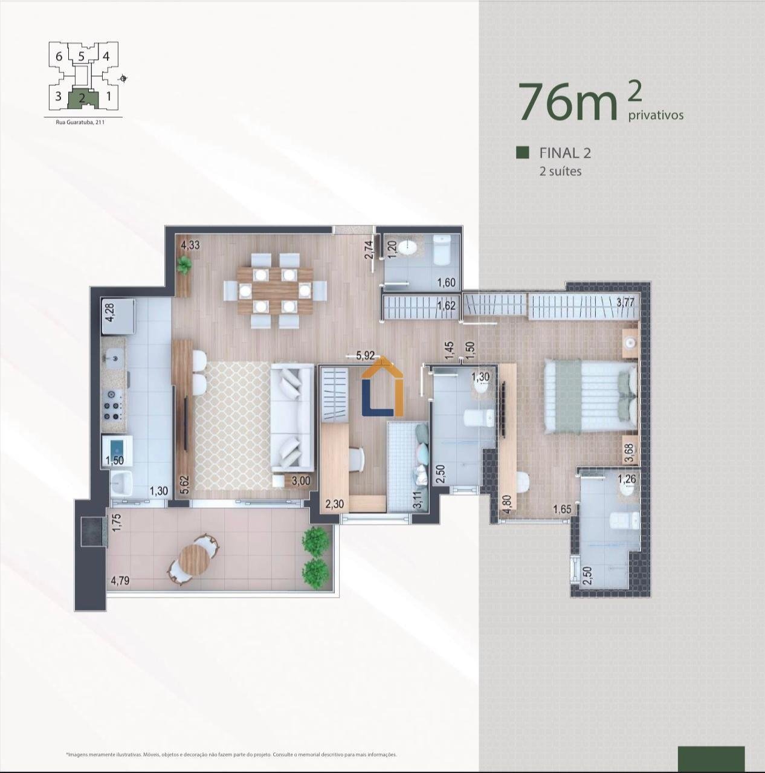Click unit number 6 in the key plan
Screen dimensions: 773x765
coord(59,56)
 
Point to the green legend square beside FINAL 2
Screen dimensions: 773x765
coord(523,152)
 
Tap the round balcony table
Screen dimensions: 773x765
coord(194,558)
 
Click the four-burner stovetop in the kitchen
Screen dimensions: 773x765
coord(113,405)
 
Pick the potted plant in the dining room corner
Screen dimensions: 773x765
coord(184,265)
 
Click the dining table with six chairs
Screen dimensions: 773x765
coord(274,291)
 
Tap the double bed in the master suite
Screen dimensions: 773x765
coord(590,396)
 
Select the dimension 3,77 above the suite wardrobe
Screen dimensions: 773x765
coord(625,303)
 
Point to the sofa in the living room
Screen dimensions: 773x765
coord(292,416)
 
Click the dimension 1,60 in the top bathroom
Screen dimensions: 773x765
coord(446,282)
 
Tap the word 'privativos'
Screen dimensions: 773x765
coord(656,115)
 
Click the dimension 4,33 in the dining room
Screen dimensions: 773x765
coord(190,245)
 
